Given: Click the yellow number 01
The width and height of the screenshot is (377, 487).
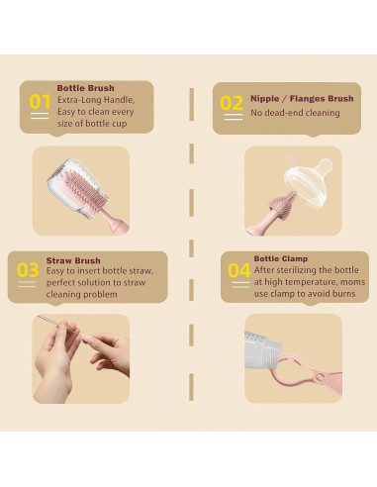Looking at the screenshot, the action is click(40, 102).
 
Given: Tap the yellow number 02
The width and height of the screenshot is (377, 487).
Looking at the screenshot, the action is click(232, 103).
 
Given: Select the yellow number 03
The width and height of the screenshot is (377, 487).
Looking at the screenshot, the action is click(28, 270).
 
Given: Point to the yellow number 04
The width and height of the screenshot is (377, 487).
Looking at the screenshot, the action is click(239, 270).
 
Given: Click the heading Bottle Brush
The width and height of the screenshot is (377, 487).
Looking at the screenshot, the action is click(86, 88).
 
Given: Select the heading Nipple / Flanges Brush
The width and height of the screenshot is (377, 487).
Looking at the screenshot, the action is click(302, 98).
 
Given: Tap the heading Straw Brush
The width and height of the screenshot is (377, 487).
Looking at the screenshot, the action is click(73, 260).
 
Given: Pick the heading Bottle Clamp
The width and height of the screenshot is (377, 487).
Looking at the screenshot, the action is click(281, 258).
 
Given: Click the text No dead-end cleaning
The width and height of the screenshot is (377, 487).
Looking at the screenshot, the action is click(295, 113).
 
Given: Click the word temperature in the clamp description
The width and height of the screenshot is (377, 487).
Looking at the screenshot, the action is click(310, 282).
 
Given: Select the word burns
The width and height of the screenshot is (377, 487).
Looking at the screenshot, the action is click(343, 294).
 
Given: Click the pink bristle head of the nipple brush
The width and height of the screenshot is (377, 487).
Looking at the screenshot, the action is click(283, 203).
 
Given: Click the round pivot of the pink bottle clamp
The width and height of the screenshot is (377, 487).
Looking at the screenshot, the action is click(320, 377).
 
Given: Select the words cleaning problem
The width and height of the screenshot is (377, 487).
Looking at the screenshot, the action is click(82, 294).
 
